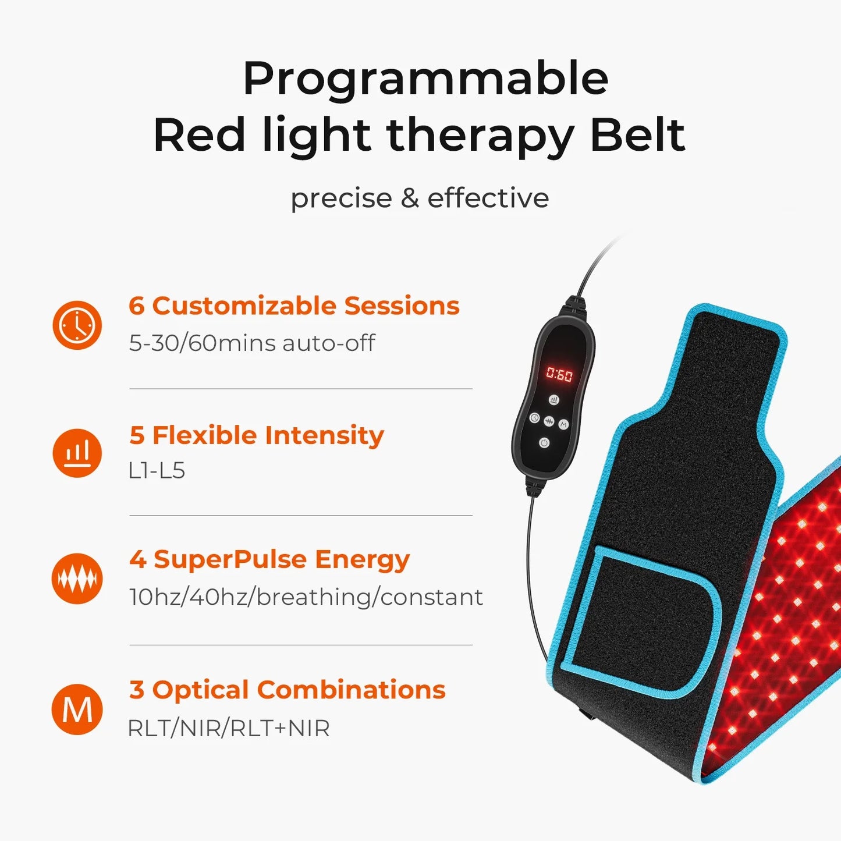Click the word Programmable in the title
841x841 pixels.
pos(425,79)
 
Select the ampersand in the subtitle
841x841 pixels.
pos(410,198)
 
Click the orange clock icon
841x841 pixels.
pos(77,325)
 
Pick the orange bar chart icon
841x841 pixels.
pos(77,453)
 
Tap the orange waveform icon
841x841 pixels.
pos(77,579)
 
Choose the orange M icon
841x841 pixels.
pos(77,709)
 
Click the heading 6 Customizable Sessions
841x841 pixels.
pos(294,306)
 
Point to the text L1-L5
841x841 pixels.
pos(157,470)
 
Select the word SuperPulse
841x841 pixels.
pos(230,559)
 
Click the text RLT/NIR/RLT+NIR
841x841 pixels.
pos(228,728)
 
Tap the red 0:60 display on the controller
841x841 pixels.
pos(559,375)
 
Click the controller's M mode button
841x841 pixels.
pos(563,424)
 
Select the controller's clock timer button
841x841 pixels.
pos(534,417)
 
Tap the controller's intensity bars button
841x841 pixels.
pos(553,400)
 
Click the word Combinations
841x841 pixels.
pos(351,690)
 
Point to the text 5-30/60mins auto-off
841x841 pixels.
pos(251,343)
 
